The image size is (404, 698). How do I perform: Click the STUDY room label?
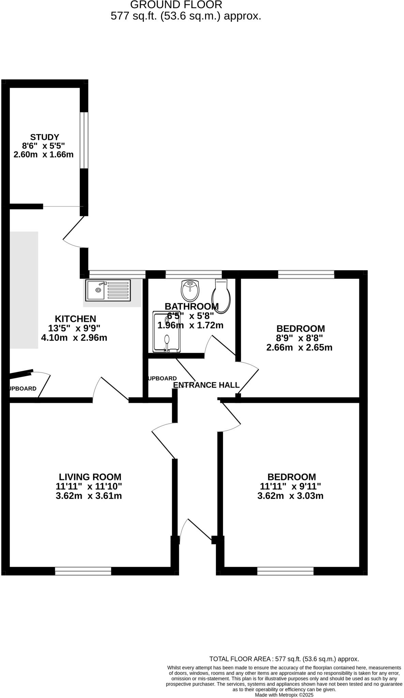coord(45,137)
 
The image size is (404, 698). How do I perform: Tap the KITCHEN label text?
coord(75,319)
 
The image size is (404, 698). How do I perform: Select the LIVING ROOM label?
coord(90,477)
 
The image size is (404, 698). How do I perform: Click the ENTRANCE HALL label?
coord(206,385)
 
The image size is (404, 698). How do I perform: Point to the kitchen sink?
coord(108,290)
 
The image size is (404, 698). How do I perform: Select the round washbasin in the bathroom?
coord(190,290)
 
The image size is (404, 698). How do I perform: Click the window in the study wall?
coord(84,140)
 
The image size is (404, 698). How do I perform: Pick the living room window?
coord(83,571)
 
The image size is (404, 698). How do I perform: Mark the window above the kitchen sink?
coord(117,274)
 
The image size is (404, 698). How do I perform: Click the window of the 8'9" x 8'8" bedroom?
coord(306,274)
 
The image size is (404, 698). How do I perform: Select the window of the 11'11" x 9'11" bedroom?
coord(285,571)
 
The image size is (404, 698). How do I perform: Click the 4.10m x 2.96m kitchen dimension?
coord(74,338)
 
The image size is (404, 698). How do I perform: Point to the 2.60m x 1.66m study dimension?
coord(43,155)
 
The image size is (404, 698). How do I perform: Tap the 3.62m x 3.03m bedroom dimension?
coord(290,496)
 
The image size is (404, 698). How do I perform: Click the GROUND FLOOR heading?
coord(176,5)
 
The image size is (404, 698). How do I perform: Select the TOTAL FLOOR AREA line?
coord(284,659)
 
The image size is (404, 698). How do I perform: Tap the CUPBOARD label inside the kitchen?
coord(22,389)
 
